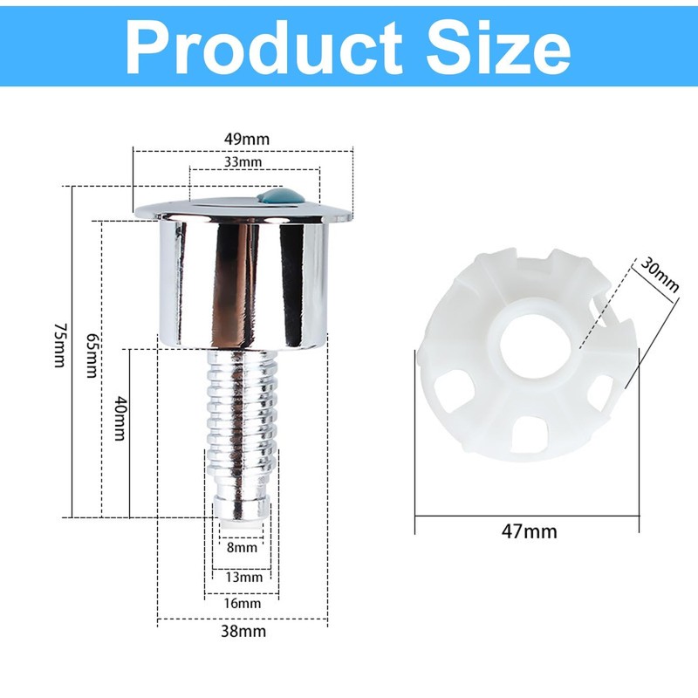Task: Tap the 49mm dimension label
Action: (x=245, y=139)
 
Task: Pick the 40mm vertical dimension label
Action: (x=120, y=419)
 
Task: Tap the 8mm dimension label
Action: (x=242, y=548)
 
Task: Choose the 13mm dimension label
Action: (x=243, y=577)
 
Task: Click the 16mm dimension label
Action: (x=242, y=603)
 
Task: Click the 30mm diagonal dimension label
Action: (x=658, y=271)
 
